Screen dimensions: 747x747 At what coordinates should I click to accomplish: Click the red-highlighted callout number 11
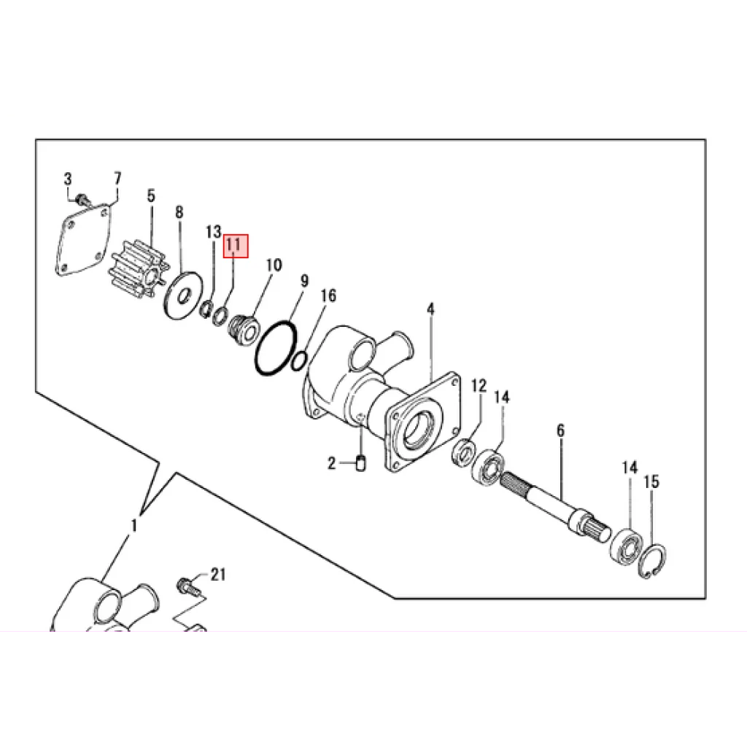pos(236,246)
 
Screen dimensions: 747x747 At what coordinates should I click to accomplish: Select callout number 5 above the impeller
pos(151,196)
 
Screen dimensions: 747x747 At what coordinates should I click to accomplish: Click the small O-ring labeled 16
pos(299,360)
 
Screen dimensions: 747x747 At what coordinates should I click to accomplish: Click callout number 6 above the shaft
pos(561,430)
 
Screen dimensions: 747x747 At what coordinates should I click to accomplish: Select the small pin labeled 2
pos(361,463)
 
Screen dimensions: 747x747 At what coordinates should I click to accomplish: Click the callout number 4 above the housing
pos(430,309)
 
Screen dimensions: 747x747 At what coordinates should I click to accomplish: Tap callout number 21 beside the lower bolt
pos(217,575)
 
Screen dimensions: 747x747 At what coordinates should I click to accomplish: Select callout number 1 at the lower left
pos(134,526)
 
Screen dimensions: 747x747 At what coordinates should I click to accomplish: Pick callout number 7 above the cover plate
pos(117,179)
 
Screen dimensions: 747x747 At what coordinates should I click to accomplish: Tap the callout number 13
pos(214,232)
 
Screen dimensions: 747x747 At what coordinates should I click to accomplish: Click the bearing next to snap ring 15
pos(627,545)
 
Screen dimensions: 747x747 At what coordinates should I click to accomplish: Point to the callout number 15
pos(651,481)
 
